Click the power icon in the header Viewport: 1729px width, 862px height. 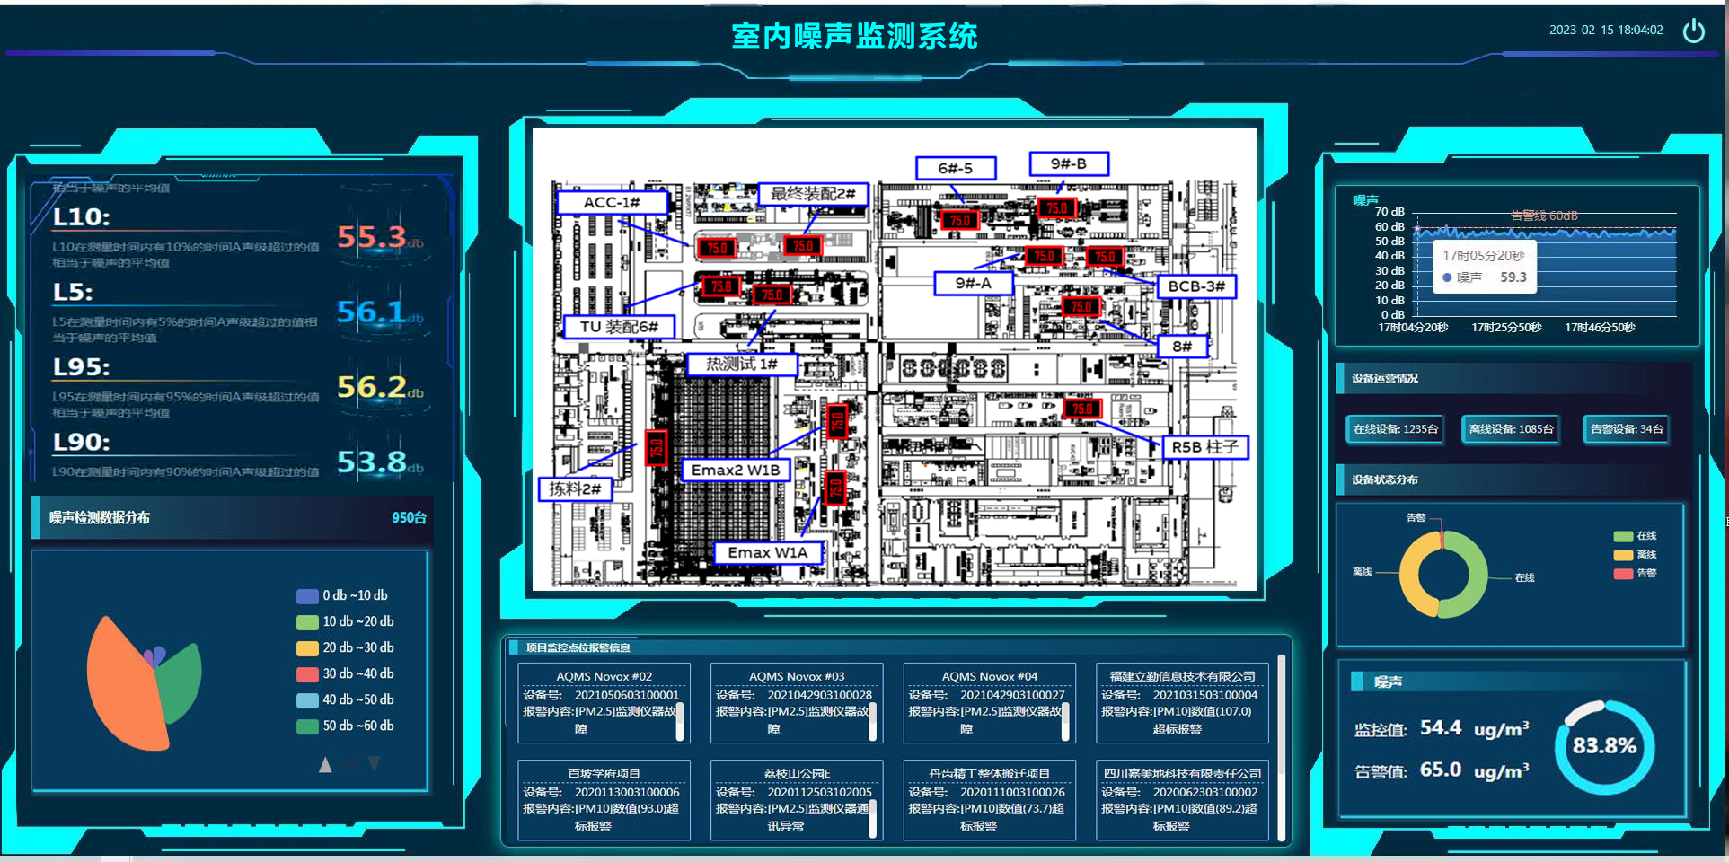pyautogui.click(x=1693, y=31)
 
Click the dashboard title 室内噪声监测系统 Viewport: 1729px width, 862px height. pyautogui.click(x=854, y=36)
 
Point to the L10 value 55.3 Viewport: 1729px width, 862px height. pyautogui.click(x=372, y=237)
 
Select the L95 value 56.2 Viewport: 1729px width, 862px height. pyautogui.click(x=372, y=387)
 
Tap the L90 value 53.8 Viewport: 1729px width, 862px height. pyautogui.click(x=372, y=462)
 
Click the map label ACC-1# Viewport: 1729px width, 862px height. pyautogui.click(x=612, y=202)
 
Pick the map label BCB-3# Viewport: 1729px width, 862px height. pyautogui.click(x=1196, y=286)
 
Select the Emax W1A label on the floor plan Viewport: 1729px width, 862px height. pyautogui.click(x=767, y=552)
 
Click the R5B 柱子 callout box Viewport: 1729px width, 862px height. pyautogui.click(x=1204, y=447)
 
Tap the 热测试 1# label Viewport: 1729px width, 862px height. pyautogui.click(x=741, y=364)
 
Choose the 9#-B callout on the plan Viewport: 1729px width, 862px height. pyautogui.click(x=1068, y=163)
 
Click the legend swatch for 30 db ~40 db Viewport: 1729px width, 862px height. pyautogui.click(x=307, y=674)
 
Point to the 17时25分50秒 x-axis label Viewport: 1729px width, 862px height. pyautogui.click(x=1506, y=328)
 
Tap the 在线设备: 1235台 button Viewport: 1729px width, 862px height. pyautogui.click(x=1395, y=429)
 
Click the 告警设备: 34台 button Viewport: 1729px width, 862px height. pyautogui.click(x=1627, y=429)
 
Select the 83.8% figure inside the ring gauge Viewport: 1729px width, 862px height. pyautogui.click(x=1604, y=746)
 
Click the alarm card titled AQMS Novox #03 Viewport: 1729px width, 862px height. pyautogui.click(x=796, y=702)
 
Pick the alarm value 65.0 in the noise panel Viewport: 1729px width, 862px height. pyautogui.click(x=1440, y=770)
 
